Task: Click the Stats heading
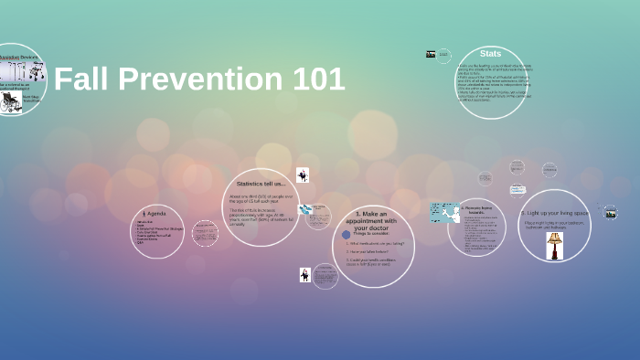490,54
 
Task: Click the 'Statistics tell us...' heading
261,185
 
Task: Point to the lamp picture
554,245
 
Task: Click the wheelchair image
10,103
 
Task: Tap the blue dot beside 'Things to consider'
347,234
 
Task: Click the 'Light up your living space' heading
554,213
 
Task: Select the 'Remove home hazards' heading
477,209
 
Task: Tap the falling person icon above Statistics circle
303,175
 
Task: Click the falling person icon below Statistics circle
304,274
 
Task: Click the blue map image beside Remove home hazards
444,212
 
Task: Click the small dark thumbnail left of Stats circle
431,54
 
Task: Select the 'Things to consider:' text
373,234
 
